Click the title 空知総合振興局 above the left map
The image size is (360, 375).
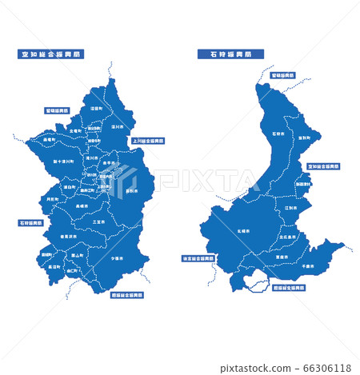51,54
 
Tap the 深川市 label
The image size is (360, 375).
117,126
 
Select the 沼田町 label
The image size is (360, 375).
96,108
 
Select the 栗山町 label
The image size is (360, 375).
78,255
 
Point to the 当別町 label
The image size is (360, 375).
304,138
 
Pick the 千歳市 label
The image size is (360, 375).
308,253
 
